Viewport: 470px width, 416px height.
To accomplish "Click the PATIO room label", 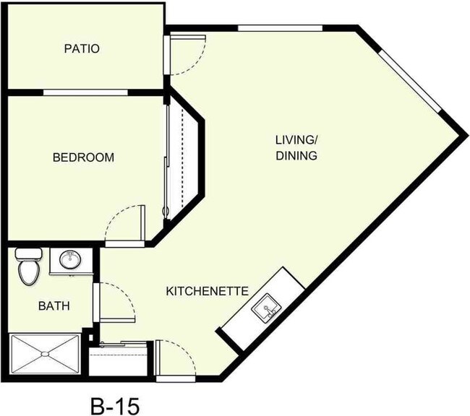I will point(82,49).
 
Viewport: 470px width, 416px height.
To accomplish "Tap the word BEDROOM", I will point(83,157).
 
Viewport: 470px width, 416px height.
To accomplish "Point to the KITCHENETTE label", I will point(208,291).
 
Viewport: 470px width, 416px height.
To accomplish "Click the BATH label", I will point(54,305).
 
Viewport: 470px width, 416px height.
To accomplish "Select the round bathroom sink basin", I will point(71,260).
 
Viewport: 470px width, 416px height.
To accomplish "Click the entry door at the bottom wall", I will point(175,360).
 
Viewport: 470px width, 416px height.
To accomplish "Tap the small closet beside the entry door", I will point(120,358).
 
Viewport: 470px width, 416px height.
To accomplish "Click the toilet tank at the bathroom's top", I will point(30,254).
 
